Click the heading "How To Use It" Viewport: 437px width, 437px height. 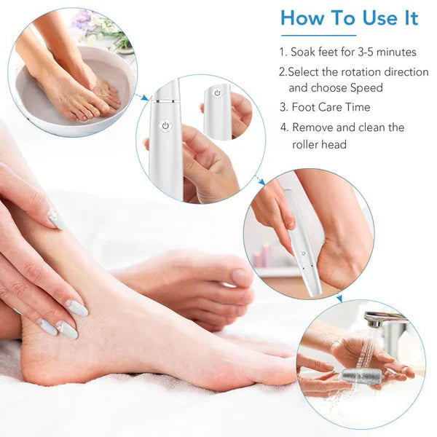click(350, 18)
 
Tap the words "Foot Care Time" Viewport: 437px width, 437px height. click(331, 107)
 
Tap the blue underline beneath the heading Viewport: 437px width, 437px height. click(318, 35)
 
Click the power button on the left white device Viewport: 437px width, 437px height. click(165, 125)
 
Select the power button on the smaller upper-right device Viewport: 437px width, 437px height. click(216, 93)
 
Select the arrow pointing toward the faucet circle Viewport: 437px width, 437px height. click(339, 297)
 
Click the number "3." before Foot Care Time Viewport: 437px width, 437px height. click(283, 107)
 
